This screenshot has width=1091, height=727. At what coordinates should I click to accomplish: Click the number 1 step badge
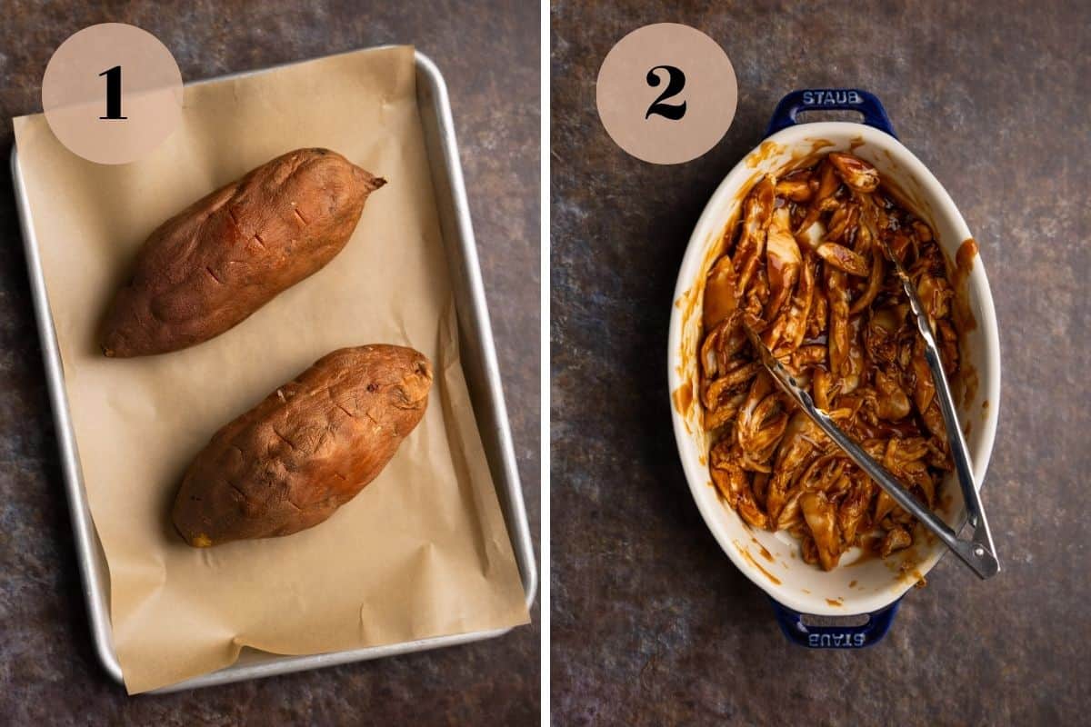112,94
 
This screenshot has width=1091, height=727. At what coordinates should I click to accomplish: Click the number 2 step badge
666,94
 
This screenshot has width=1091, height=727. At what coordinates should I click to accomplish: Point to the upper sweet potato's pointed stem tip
376,183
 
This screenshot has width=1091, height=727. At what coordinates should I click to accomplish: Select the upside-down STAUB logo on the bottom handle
835,637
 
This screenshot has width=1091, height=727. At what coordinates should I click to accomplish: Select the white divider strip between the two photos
545,363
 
